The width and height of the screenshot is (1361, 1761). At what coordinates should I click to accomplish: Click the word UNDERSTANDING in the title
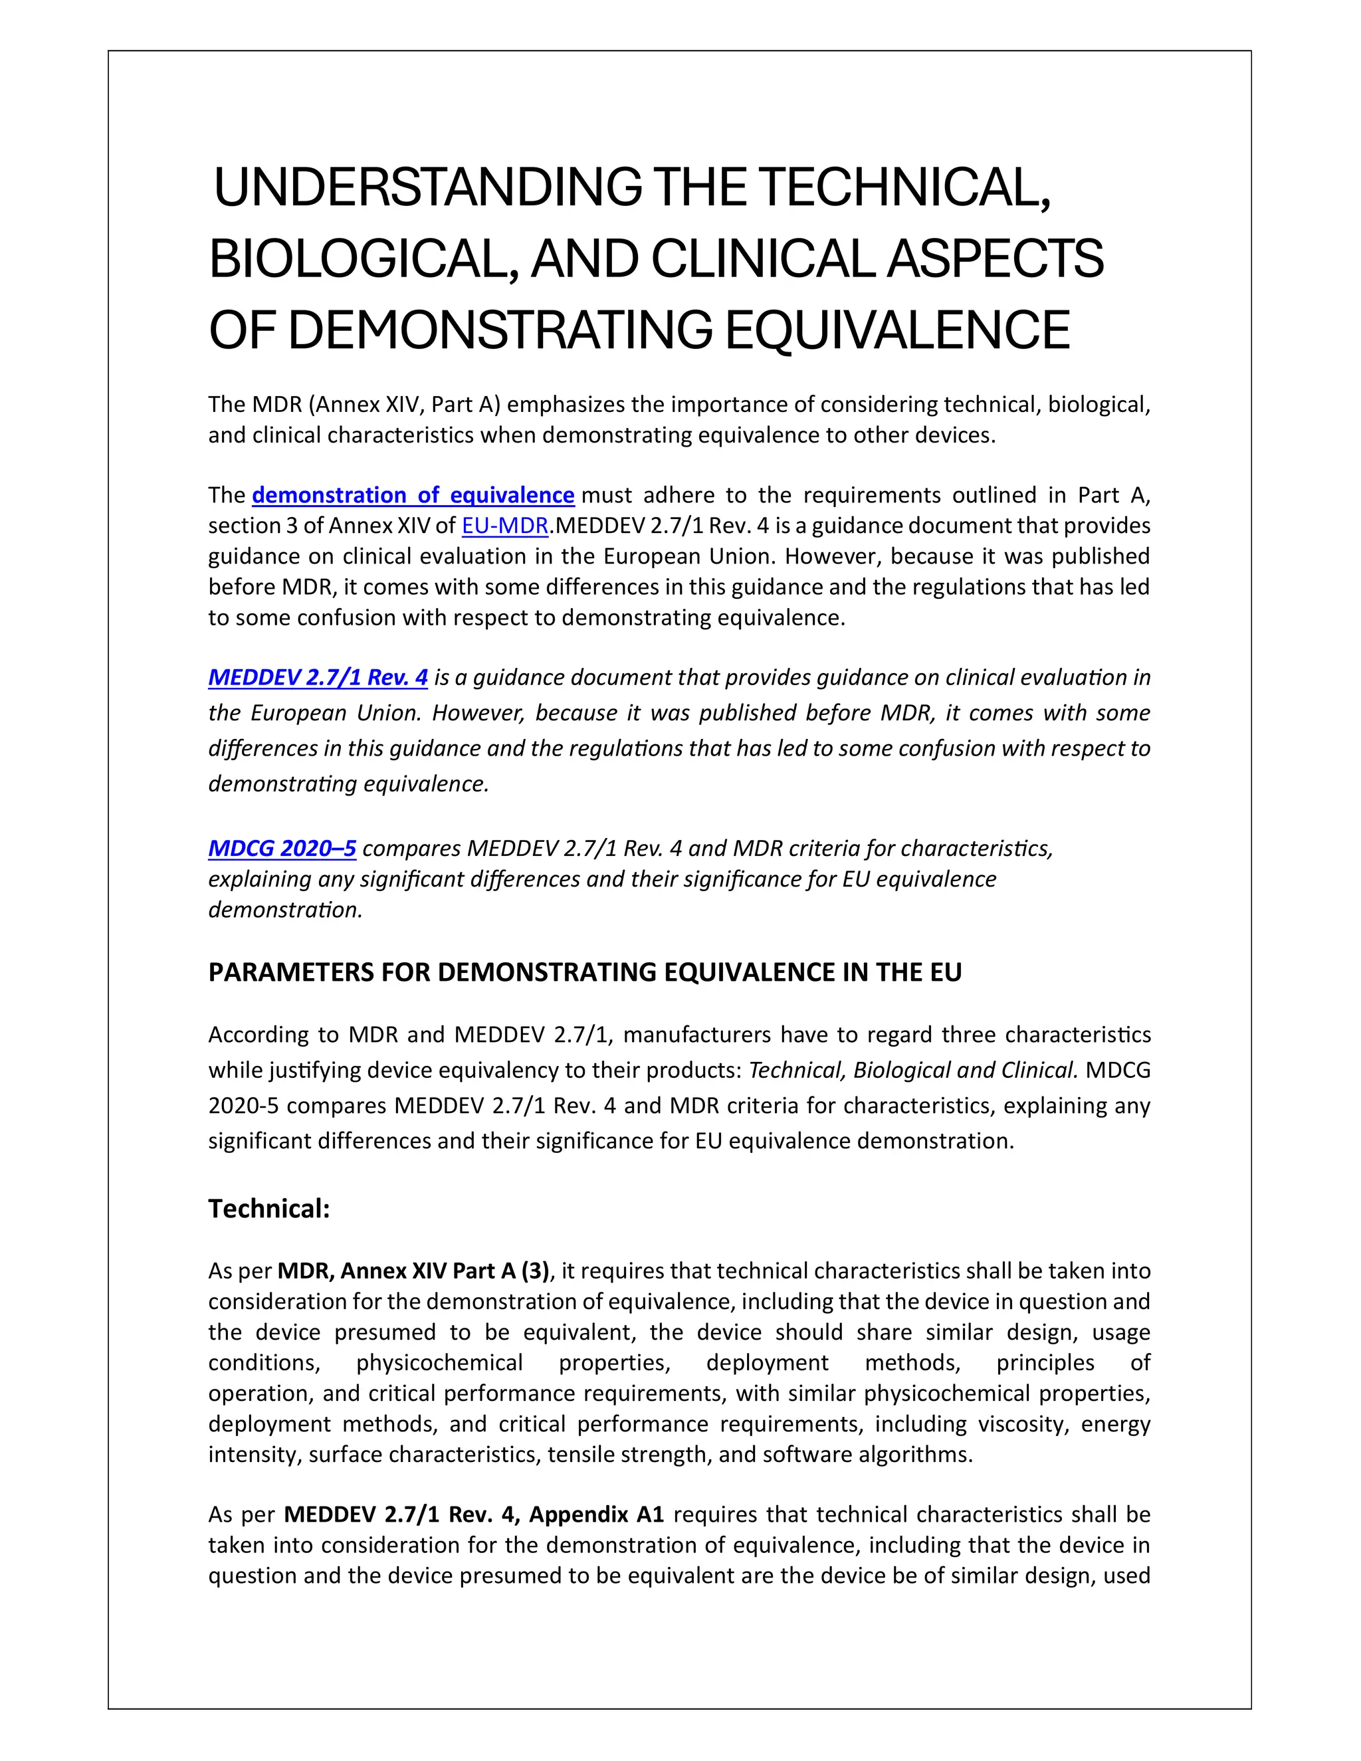click(x=427, y=187)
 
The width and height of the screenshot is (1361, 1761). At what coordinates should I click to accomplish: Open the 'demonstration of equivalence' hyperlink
click(x=413, y=495)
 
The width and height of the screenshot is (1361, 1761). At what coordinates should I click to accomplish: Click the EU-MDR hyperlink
click(x=505, y=526)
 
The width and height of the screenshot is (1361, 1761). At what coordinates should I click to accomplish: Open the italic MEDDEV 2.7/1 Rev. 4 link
click(x=318, y=677)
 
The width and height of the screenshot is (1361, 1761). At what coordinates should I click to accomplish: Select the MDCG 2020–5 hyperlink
click(x=282, y=848)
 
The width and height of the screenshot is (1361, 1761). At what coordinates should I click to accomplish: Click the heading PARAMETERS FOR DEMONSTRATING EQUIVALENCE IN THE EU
click(x=585, y=972)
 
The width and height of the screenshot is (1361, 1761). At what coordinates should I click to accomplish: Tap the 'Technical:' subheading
click(x=269, y=1209)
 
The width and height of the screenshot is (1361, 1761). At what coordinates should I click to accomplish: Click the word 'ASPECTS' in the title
click(x=995, y=260)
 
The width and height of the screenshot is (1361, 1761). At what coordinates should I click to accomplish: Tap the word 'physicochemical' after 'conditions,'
click(x=439, y=1364)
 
